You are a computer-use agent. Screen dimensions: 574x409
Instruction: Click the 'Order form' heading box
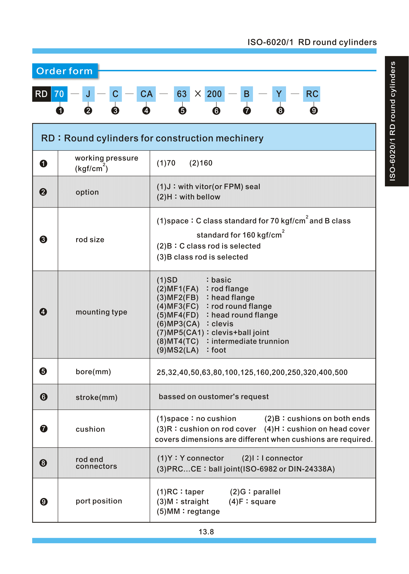click(x=65, y=71)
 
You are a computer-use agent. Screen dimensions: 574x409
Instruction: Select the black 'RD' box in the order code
click(x=41, y=94)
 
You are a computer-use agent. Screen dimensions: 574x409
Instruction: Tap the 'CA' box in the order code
click(x=146, y=94)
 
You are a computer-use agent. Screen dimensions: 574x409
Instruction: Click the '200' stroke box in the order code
click(x=214, y=94)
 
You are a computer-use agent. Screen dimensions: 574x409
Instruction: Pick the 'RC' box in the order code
click(x=312, y=94)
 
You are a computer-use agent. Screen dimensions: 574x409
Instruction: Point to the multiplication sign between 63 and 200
click(x=198, y=94)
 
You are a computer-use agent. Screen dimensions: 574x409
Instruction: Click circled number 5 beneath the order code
click(x=182, y=111)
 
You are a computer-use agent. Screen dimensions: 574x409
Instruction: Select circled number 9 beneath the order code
click(x=314, y=111)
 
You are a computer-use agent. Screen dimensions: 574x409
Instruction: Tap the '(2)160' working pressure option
click(x=201, y=163)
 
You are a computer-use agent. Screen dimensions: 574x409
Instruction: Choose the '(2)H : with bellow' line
click(x=188, y=197)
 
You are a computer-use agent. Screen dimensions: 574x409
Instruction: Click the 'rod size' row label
click(x=90, y=240)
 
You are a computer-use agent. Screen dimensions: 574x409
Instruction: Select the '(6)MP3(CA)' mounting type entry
click(x=178, y=324)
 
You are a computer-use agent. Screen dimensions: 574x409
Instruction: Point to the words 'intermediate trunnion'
click(x=250, y=341)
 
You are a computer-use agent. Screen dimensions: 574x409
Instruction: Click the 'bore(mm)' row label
click(x=93, y=372)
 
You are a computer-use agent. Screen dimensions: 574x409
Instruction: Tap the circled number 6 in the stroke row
click(x=44, y=397)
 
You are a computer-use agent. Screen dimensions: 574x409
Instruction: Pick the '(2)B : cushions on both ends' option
click(x=317, y=418)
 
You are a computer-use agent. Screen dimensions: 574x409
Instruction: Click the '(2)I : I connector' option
click(x=272, y=458)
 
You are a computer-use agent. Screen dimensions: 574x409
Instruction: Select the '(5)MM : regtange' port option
click(x=188, y=511)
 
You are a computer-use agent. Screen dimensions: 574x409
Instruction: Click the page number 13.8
click(x=206, y=532)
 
